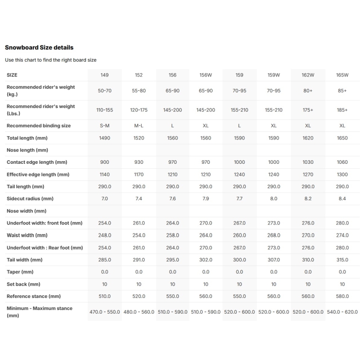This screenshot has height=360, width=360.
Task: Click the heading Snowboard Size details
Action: (x=39, y=47)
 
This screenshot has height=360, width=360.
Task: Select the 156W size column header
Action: (x=206, y=75)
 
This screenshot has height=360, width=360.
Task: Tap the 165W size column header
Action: (x=342, y=75)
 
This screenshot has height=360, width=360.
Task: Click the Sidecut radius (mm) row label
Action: (x=30, y=198)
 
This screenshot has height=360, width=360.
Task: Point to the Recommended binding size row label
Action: (x=39, y=126)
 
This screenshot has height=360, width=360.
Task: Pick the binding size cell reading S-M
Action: (x=104, y=126)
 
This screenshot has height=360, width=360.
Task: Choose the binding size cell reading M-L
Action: (x=139, y=126)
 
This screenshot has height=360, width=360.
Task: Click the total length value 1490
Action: (x=104, y=138)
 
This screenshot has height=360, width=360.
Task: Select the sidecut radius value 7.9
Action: (x=206, y=198)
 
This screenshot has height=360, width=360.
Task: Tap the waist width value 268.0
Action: (x=274, y=235)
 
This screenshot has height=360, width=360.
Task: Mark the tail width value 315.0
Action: (x=342, y=260)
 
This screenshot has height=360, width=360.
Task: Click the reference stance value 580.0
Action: (x=342, y=296)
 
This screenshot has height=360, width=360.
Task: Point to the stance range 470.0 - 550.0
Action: (x=104, y=312)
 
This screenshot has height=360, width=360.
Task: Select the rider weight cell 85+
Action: (x=342, y=90)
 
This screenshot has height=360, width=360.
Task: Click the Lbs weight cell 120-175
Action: (x=139, y=110)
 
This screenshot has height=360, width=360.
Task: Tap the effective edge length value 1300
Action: (x=342, y=174)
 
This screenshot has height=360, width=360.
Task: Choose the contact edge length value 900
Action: (x=104, y=162)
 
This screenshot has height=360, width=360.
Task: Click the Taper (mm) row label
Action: (x=20, y=272)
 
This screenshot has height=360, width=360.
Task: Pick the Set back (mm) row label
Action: (x=23, y=284)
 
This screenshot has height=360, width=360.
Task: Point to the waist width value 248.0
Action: (x=104, y=235)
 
